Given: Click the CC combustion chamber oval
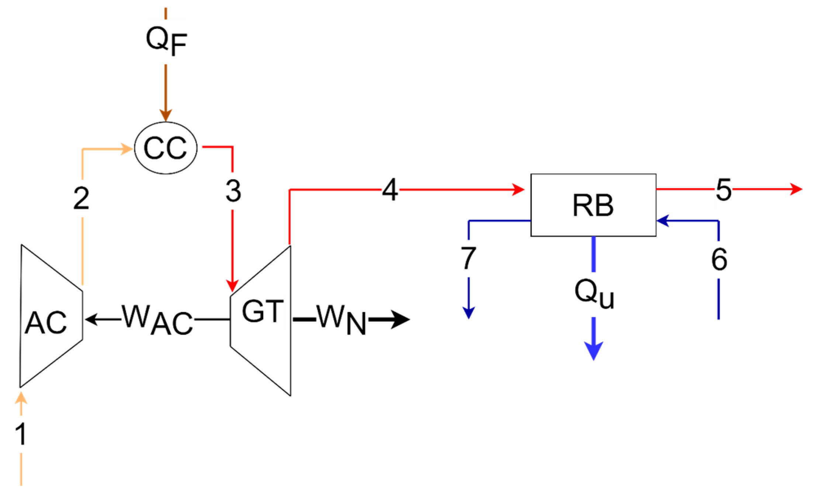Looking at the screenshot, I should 166,148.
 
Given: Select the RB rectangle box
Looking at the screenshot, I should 593,205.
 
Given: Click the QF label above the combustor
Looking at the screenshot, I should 166,41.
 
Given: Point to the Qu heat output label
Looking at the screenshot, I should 594,294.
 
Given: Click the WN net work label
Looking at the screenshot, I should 342,320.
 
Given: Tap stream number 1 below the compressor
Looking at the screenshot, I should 21,434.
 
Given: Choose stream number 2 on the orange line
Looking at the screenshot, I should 81,199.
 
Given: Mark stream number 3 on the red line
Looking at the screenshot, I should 233,191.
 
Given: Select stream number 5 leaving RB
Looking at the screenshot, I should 723,190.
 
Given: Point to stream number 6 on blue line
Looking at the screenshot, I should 719,259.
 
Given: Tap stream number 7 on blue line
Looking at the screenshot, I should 468,258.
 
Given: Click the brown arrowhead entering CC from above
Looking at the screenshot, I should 166,115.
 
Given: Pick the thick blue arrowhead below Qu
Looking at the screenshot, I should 594,350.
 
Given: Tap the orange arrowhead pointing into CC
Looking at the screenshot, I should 127,149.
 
